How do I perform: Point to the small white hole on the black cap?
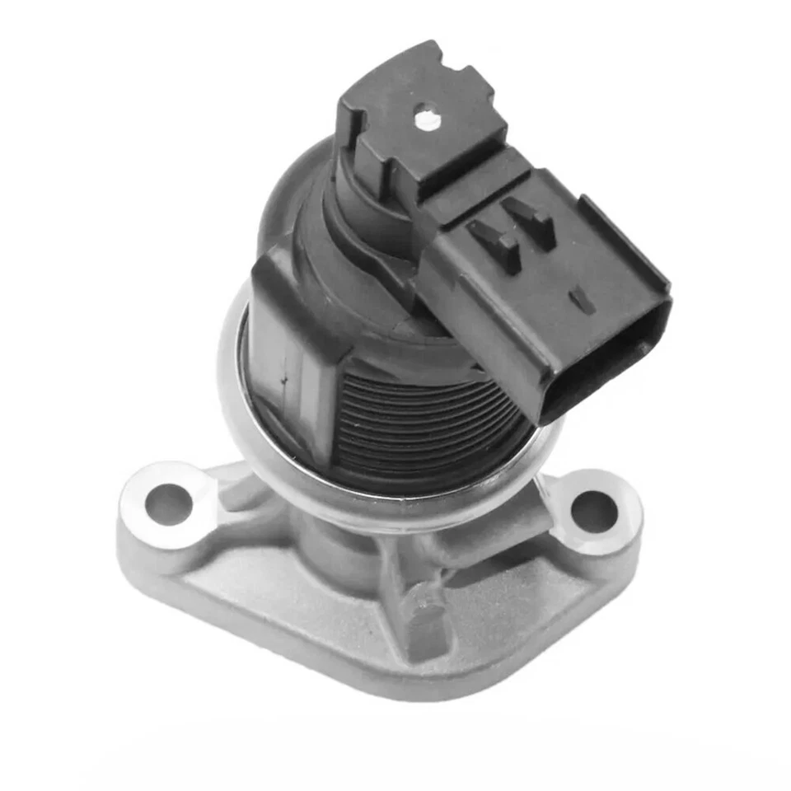pyautogui.click(x=426, y=120)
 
